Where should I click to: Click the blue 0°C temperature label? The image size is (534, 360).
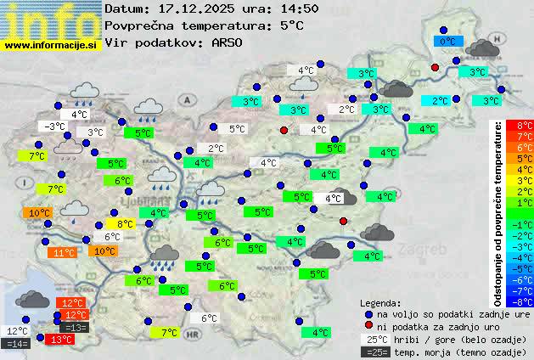click(447, 41)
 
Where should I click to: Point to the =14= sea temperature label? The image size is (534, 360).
click(17, 344)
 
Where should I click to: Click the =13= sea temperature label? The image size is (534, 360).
click(74, 328)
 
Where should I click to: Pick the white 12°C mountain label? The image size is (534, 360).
click(17, 331)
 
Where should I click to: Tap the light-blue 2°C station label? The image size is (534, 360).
click(440, 100)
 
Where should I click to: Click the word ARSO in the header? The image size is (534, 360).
click(228, 42)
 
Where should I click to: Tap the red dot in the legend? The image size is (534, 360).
click(368, 326)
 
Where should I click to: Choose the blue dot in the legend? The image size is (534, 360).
click(368, 313)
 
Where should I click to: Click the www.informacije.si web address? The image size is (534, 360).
click(51, 45)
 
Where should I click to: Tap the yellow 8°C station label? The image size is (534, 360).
click(125, 224)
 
